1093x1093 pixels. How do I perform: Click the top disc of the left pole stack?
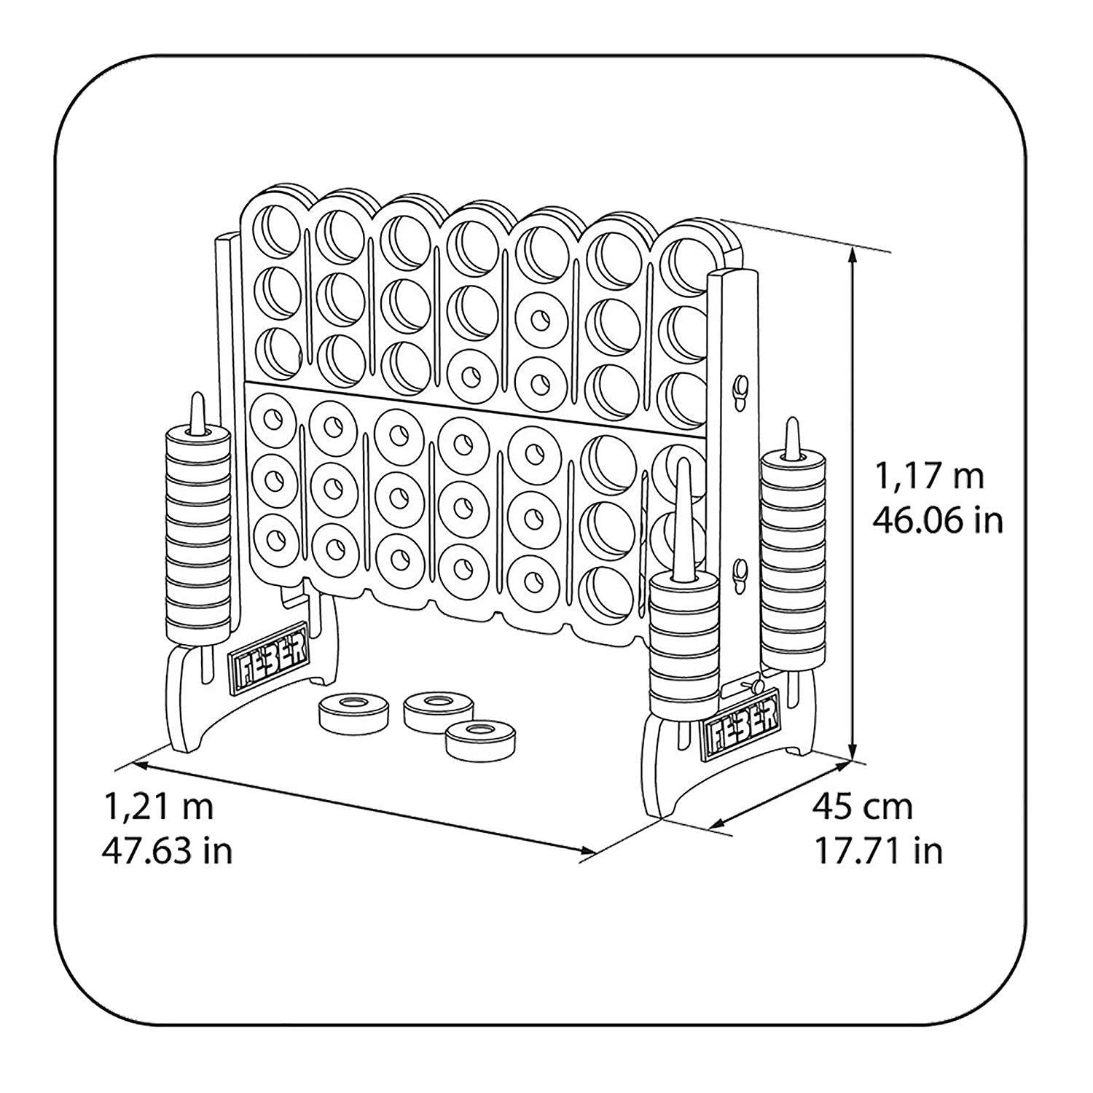196,435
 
